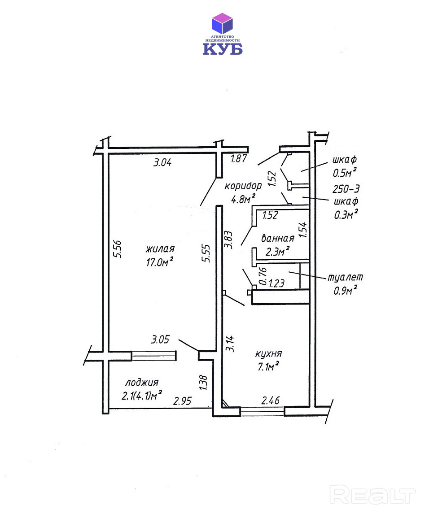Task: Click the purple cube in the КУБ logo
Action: tap(222, 23)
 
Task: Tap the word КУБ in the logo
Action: tap(222, 49)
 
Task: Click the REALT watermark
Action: tap(372, 495)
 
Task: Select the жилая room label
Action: tap(160, 249)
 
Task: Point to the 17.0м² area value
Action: tap(159, 262)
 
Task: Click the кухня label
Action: tap(268, 354)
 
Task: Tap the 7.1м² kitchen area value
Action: tap(268, 366)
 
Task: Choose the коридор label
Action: tap(243, 186)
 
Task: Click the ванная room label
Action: tap(277, 238)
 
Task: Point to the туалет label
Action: tap(345, 277)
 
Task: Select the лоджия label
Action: tap(142, 383)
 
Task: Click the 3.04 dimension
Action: tap(162, 163)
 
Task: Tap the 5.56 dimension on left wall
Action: tap(118, 249)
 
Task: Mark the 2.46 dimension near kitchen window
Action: tap(271, 400)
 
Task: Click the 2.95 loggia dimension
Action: tap(182, 401)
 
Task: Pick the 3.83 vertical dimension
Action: tap(228, 240)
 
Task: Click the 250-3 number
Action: tap(346, 189)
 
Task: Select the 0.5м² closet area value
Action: tap(345, 172)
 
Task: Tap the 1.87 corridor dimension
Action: tap(239, 159)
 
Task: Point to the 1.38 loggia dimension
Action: tap(203, 383)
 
